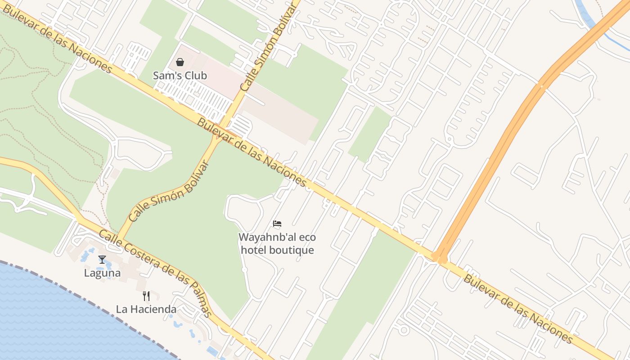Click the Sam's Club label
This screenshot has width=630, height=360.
pos(180,76)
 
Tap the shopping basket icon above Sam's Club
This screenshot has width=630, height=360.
pos(180,62)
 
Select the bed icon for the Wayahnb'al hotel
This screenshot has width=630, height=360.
pos(277,223)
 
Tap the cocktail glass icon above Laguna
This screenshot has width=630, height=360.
pos(102,260)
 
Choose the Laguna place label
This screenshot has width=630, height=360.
pos(102,273)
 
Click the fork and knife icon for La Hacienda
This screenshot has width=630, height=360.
pos(146,296)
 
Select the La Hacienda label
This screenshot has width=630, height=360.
pos(146,309)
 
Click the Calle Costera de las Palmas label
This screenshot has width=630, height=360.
pos(155,273)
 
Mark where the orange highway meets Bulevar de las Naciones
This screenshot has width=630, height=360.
pos(439,257)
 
